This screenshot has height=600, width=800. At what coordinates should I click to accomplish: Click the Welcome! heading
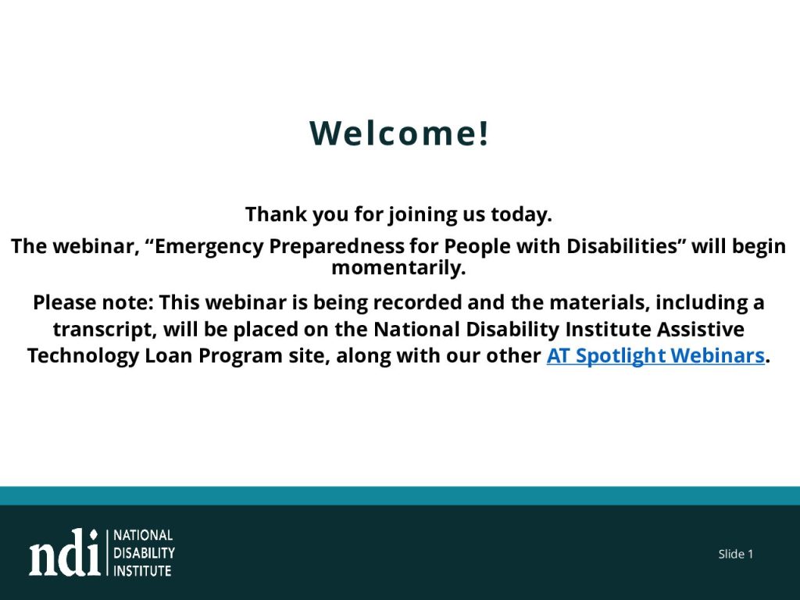tap(399, 133)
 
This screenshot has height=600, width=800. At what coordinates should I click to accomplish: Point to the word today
tap(521, 215)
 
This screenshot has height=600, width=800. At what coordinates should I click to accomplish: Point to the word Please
tap(65, 302)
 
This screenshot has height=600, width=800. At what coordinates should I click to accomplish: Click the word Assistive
tap(700, 329)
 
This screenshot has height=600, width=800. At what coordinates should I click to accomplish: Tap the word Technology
tap(83, 356)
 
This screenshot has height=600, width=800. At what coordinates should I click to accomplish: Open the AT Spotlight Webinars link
tap(655, 356)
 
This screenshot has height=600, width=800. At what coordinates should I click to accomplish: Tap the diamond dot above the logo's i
tap(94, 534)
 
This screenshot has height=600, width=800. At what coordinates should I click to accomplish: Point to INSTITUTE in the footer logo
tap(142, 571)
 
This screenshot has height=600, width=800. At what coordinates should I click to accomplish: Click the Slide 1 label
tap(736, 554)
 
